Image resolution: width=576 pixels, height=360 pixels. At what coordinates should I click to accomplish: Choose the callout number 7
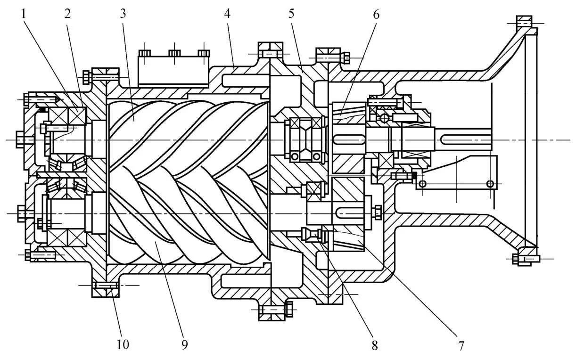pyautogui.click(x=461, y=345)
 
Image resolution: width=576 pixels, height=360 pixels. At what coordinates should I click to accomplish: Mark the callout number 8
pyautogui.click(x=375, y=345)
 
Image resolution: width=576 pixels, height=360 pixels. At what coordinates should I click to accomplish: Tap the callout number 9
pyautogui.click(x=184, y=345)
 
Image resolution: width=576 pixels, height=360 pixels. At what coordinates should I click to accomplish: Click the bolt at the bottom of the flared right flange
pyautogui.click(x=523, y=258)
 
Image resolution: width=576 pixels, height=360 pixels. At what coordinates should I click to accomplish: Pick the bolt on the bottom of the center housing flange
pyautogui.click(x=272, y=310)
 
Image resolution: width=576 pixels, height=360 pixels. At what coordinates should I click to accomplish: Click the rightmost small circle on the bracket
pyautogui.click(x=490, y=184)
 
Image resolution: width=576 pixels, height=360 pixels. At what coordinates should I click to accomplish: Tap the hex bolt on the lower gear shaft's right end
pyautogui.click(x=376, y=213)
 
